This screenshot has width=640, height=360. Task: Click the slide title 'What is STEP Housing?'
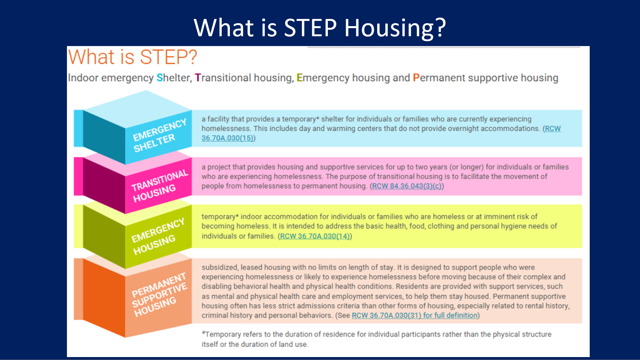(x=320, y=27)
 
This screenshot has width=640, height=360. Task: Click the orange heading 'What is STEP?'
(x=132, y=57)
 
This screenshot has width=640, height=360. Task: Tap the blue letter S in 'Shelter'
(x=160, y=78)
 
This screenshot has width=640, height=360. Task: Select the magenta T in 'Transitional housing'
(x=198, y=78)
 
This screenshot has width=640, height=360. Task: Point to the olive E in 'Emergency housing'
(x=299, y=78)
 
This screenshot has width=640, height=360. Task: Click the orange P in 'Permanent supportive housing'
(x=416, y=78)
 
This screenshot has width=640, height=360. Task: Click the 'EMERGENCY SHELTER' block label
(x=159, y=135)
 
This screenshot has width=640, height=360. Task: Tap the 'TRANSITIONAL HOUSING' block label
(x=159, y=185)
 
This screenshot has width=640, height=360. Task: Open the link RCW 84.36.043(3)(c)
(x=407, y=186)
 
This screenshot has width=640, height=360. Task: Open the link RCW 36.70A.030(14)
(x=315, y=236)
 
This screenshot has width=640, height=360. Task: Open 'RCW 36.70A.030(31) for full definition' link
(x=415, y=316)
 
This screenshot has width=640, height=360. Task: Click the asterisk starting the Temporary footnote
(x=203, y=333)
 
